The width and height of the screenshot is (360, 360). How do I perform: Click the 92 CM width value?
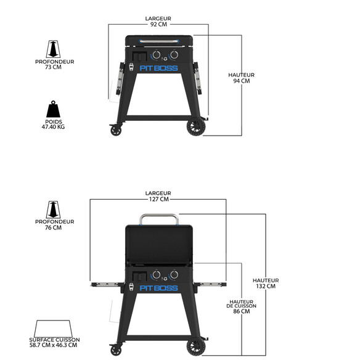tap(158, 24)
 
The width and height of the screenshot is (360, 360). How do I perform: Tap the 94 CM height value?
tap(241, 81)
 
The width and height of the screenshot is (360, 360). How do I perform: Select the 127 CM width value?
tap(158, 199)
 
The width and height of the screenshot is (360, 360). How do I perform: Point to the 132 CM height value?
tap(266, 286)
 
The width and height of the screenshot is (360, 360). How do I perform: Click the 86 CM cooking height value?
tap(241, 311)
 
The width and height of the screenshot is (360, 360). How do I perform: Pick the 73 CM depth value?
tap(53, 67)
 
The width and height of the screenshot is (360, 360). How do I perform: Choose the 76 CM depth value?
tap(53, 227)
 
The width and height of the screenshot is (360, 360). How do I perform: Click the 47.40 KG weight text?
tap(53, 127)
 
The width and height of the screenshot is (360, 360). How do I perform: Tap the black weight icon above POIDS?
tap(53, 109)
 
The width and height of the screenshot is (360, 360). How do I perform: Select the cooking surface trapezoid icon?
tap(53, 329)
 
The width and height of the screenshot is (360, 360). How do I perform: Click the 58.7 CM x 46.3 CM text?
tap(53, 345)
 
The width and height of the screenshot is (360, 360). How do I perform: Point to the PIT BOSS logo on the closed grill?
tap(158, 68)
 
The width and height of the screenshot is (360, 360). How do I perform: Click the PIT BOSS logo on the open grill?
tap(158, 288)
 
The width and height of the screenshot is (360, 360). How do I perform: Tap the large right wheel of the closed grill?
tap(196, 127)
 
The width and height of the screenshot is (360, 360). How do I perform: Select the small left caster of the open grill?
tap(116, 350)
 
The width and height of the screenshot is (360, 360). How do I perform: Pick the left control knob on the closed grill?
tap(157, 55)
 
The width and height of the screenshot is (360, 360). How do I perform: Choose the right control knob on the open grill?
tap(174, 274)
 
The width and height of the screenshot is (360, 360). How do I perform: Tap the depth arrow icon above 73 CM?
tap(53, 49)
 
